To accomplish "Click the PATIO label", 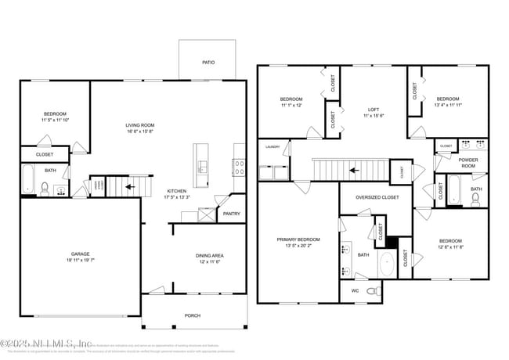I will click(x=208, y=63).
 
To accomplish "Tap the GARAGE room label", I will click(x=80, y=254).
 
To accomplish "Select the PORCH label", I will click(x=192, y=315).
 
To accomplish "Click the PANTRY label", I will click(x=231, y=214).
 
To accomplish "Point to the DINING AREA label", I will click(x=210, y=256).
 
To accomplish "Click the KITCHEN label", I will click(x=177, y=192).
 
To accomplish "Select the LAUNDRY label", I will click(x=273, y=146).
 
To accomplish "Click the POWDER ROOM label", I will click(x=468, y=163).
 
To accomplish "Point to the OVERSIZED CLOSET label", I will click(x=377, y=198).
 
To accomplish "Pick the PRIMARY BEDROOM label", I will click(x=298, y=239).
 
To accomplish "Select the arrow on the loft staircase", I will click(x=354, y=169).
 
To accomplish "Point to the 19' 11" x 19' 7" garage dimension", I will click(x=80, y=261).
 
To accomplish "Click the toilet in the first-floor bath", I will click(x=45, y=188).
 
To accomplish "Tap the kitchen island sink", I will click(x=200, y=166).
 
